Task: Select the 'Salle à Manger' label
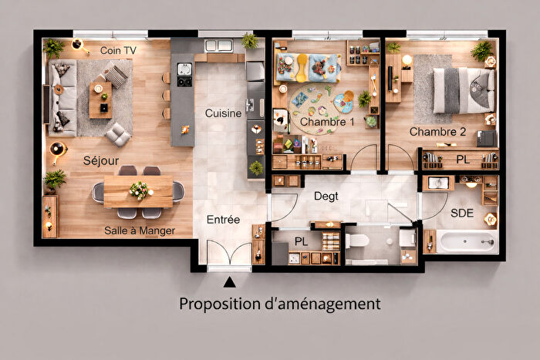click(x=140, y=230)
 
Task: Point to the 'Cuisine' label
click(x=223, y=113)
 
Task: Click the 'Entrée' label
click(x=224, y=220)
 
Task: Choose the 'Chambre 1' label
click(x=327, y=122)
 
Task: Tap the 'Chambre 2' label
click(x=437, y=132)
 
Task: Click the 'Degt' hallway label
click(x=326, y=197)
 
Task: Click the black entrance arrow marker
click(x=229, y=284)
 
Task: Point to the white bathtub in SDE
click(x=467, y=242)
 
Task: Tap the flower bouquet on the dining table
click(x=139, y=190)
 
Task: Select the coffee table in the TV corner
click(x=100, y=99)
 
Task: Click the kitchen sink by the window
click(x=218, y=45)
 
